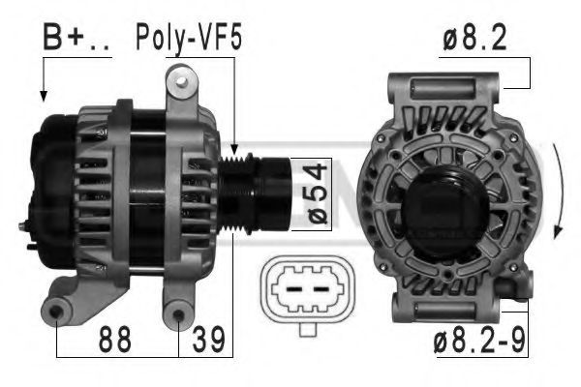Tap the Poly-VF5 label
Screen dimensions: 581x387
point(190,38)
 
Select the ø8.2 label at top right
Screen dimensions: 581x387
point(474,40)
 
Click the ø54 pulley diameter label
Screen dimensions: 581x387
point(317,194)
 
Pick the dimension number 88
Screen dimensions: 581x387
point(115,340)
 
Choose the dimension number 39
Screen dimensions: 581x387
point(208,340)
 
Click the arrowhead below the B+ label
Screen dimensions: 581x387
point(44,96)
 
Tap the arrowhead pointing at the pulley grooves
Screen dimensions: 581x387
point(233,149)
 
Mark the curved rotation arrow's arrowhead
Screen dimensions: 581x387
point(557,232)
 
